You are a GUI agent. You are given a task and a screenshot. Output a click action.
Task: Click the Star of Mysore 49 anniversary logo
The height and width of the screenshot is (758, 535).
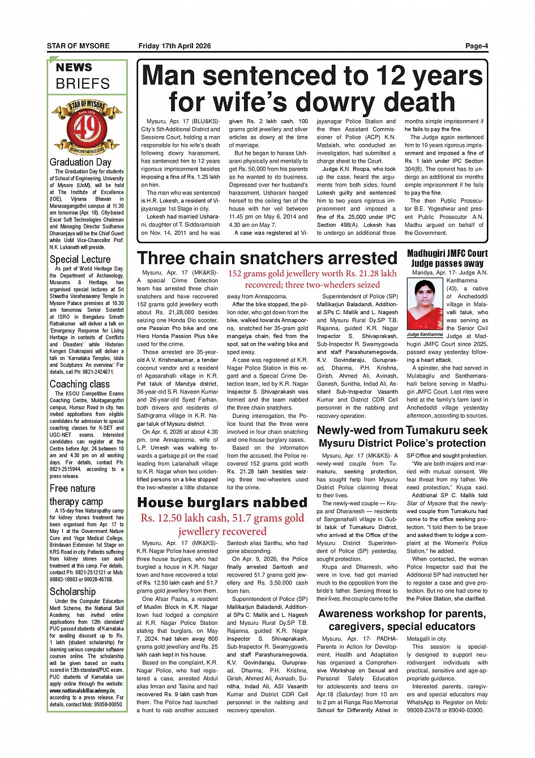click(87, 127)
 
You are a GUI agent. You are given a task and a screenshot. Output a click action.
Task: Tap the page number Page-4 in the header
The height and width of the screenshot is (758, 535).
click(477, 46)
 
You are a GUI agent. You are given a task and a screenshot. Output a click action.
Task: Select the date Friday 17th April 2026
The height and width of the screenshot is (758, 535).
click(174, 46)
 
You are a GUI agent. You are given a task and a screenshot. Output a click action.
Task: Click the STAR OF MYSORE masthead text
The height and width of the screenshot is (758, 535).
click(78, 46)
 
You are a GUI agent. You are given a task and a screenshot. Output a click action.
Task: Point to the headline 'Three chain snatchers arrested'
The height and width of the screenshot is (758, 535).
click(267, 259)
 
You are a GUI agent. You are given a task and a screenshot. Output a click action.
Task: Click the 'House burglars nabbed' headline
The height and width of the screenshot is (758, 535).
click(222, 503)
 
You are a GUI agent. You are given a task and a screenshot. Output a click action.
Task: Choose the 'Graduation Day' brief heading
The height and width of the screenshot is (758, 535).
click(80, 162)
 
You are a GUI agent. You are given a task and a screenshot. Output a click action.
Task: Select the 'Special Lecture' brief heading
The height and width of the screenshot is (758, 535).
click(80, 260)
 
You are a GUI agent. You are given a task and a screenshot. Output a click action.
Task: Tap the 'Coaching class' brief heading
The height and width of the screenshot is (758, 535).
click(79, 384)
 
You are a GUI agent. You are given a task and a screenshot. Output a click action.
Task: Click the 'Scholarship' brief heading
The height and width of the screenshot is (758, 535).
click(72, 592)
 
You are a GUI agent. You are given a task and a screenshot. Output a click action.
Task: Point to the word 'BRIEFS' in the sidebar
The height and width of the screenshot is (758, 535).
click(83, 84)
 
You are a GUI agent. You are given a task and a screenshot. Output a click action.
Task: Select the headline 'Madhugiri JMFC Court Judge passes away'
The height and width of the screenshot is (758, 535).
click(447, 258)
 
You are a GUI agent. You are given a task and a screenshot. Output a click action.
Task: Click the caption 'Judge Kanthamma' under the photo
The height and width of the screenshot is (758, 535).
click(425, 334)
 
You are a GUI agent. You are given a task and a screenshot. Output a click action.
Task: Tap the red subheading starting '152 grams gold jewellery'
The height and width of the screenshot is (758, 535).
click(313, 279)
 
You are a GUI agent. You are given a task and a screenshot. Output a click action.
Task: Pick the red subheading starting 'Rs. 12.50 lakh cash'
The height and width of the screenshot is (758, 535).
click(222, 524)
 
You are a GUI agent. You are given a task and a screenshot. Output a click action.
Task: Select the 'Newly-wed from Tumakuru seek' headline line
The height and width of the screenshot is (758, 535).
click(402, 430)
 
